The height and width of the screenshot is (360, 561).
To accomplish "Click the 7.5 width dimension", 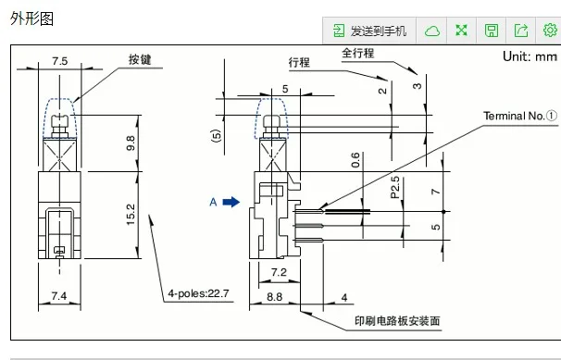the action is point(60,61).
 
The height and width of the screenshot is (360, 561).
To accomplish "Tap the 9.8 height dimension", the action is point(131,143).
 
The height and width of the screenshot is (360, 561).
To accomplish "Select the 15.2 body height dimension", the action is point(131,214).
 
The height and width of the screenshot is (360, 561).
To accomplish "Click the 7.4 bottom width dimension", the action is point(59,296).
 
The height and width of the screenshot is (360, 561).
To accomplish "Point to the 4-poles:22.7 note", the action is point(198,293).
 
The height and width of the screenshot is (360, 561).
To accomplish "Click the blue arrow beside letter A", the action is point(231,202).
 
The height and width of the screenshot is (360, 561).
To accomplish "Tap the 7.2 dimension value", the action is point(279,272).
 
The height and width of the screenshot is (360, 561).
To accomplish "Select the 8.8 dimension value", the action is point(274,297).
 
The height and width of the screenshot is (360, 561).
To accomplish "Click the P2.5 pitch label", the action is point(395,187).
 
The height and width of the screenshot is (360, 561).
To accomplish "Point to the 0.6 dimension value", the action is point(355,160).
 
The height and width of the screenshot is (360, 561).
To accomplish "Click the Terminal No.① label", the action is point(520,116).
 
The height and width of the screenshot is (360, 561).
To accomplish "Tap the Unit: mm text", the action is point(530,56).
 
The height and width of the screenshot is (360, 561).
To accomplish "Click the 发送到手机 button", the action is point(369,31).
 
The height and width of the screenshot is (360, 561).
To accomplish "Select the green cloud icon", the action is point(432,31).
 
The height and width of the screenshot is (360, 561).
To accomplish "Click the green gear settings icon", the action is point(550,31).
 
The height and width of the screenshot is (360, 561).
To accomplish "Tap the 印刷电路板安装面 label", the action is point(397,321).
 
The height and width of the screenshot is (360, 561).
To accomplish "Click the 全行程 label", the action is point(357,53).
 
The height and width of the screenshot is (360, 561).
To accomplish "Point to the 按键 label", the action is point(140,59).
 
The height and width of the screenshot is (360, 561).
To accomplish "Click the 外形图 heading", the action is point(31,19).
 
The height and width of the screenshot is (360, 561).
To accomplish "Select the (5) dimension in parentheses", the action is point(217,136).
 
